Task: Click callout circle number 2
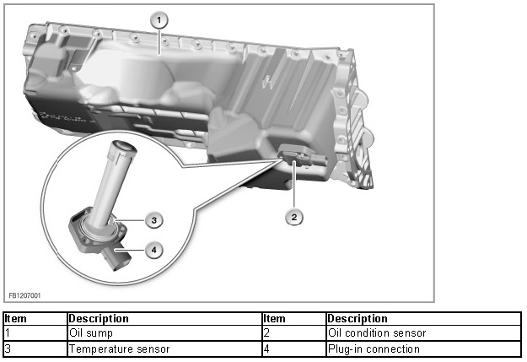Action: tap(293, 217)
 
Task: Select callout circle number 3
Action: tap(153, 219)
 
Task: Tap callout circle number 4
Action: tap(153, 249)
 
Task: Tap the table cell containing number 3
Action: tap(34, 348)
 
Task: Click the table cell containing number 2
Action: tap(293, 333)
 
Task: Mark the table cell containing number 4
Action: tap(293, 348)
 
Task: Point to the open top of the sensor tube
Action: tap(124, 149)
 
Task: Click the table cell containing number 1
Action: tap(34, 333)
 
